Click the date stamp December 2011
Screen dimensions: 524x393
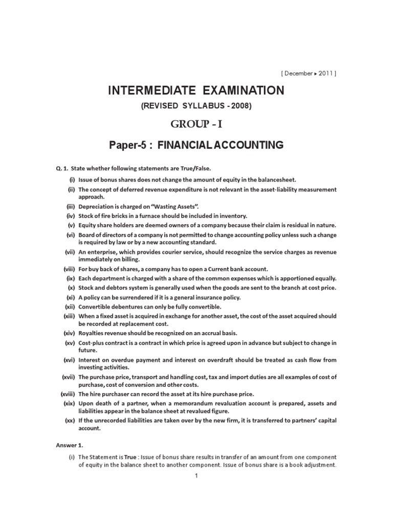[x=308, y=73]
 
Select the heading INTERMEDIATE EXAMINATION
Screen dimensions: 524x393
[x=196, y=91]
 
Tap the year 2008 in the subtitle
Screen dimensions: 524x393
[x=240, y=106]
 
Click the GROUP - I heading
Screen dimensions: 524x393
[x=196, y=125]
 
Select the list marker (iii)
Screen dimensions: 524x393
[x=70, y=206]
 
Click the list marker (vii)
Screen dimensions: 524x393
[x=69, y=252]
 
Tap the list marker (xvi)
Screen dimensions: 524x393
[x=69, y=360]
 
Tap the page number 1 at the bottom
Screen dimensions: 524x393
[x=196, y=475]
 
